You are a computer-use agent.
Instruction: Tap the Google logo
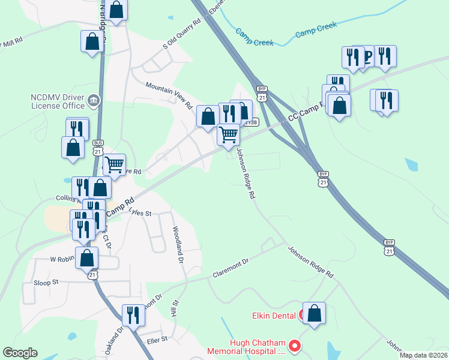[x=20, y=353]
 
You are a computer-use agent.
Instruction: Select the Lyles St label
[x=140, y=213]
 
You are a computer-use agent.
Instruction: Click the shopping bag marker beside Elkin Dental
[x=314, y=313]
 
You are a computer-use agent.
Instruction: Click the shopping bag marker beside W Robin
[x=87, y=258]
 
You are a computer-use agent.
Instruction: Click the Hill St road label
[x=175, y=309]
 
